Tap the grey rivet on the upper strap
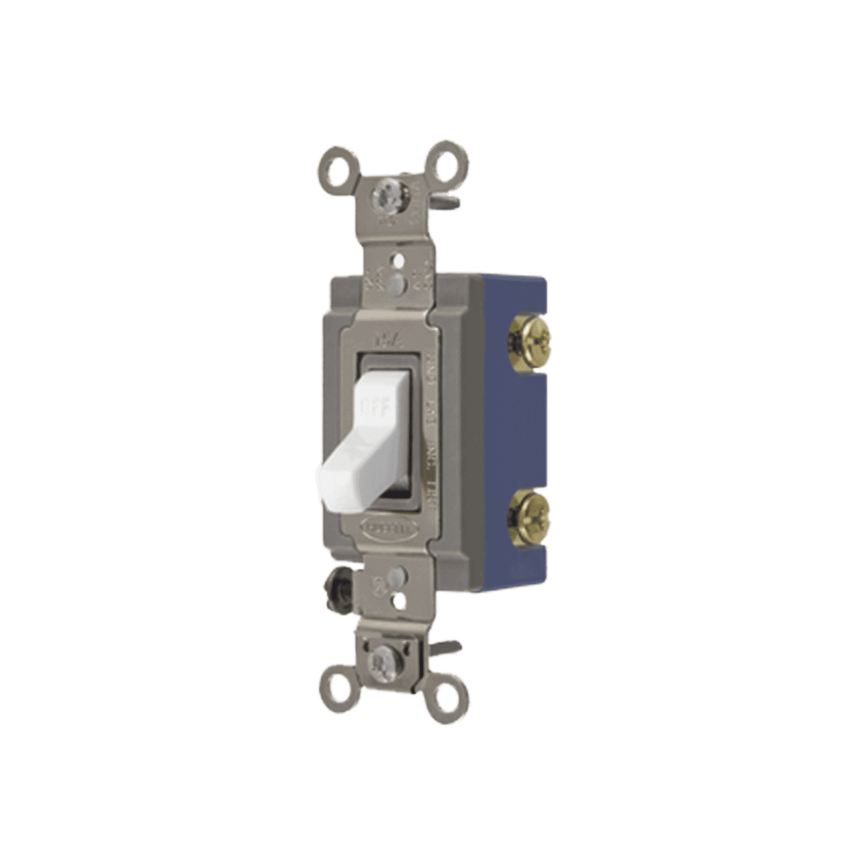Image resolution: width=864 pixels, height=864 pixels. click(398, 281)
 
